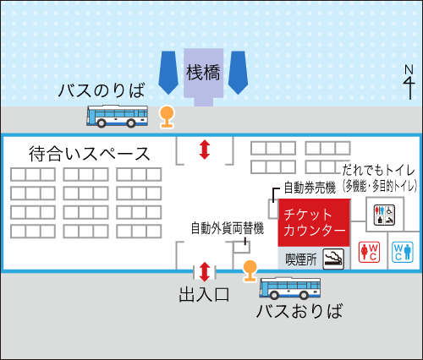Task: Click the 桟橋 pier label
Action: (x=203, y=73)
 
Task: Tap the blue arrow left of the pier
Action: (x=168, y=73)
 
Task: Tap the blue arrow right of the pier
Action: (x=239, y=73)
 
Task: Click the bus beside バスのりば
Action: (x=117, y=116)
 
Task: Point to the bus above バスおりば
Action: (x=290, y=288)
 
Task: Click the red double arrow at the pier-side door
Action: (x=205, y=150)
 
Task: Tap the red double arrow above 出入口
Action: (x=205, y=272)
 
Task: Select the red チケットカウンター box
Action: (x=314, y=222)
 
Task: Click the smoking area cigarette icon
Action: (x=333, y=259)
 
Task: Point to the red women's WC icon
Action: (x=369, y=253)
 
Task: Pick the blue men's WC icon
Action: (x=403, y=253)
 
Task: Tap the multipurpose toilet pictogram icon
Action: (x=384, y=215)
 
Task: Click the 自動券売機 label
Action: (x=310, y=188)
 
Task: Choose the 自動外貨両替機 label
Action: (x=228, y=228)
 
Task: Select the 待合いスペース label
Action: (x=89, y=154)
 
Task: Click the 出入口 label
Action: (x=204, y=295)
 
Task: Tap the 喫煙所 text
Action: (x=301, y=259)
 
